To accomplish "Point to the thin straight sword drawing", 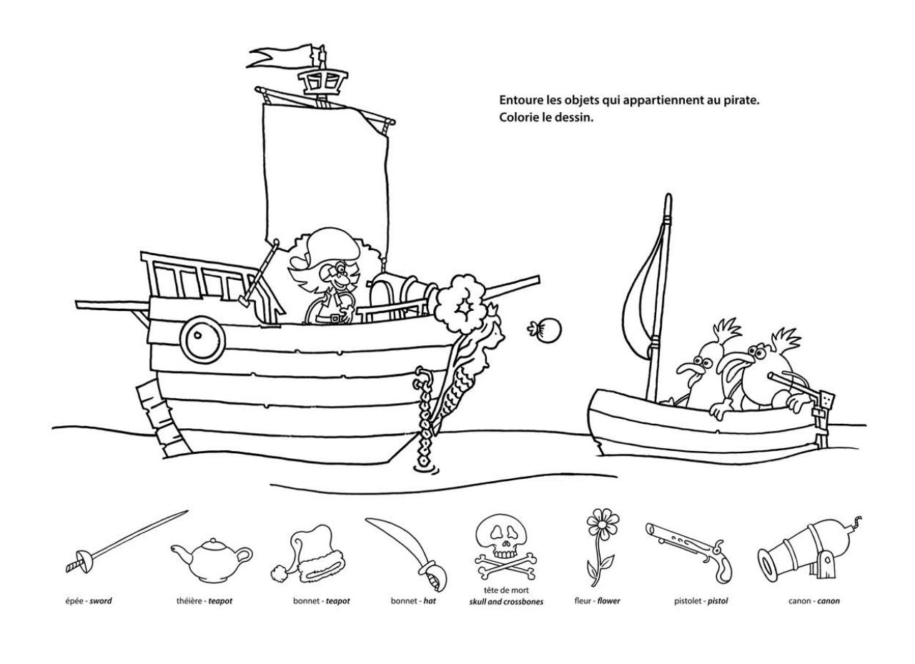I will click(x=125, y=540).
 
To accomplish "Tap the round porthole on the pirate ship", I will click(x=202, y=338).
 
